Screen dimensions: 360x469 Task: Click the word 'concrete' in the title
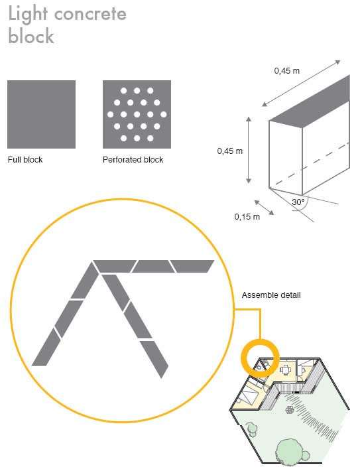point(90,14)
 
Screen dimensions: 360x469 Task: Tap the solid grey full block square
point(41,114)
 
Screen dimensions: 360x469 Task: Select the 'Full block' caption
point(25,160)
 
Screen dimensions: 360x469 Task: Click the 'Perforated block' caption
point(133,160)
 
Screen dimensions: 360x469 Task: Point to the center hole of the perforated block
point(137,114)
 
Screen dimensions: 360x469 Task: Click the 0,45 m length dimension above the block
point(287,71)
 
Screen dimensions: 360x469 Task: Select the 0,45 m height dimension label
point(229,151)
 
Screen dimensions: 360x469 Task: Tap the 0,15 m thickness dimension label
point(247,216)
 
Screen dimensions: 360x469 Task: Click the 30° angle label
point(298,202)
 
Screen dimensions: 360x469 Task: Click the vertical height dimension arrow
point(249,150)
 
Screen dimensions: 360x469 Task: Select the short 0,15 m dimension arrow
point(264,208)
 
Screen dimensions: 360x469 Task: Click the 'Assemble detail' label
point(271,295)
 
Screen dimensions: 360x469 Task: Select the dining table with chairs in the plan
point(286,370)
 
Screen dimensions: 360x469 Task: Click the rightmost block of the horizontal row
point(192,266)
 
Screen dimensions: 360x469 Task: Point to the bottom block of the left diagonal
point(46,348)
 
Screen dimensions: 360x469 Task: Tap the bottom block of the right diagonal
point(154,359)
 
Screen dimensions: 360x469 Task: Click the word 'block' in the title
point(31,36)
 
